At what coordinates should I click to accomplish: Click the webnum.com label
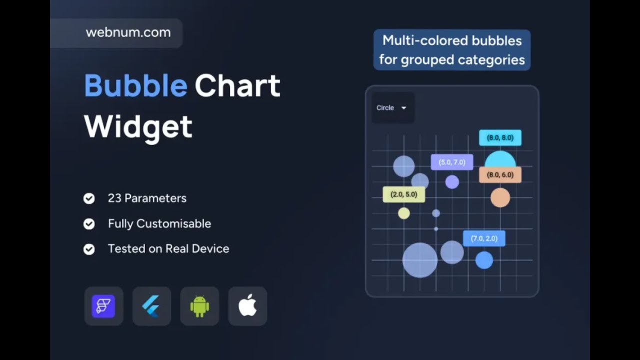pyautogui.click(x=128, y=32)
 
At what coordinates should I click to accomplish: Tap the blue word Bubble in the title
pyautogui.click(x=135, y=85)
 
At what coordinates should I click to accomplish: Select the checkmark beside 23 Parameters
pyautogui.click(x=89, y=198)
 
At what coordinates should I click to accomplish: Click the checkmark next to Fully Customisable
pyautogui.click(x=89, y=223)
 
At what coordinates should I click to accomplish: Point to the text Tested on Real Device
pyautogui.click(x=168, y=248)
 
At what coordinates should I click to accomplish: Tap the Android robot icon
pyautogui.click(x=199, y=306)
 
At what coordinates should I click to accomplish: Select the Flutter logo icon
pyautogui.click(x=151, y=306)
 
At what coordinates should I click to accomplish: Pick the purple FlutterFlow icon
pyautogui.click(x=103, y=306)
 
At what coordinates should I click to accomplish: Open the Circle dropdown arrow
pyautogui.click(x=403, y=108)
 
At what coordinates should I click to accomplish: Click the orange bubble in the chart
pyautogui.click(x=500, y=197)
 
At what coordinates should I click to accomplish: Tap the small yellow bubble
pyautogui.click(x=404, y=213)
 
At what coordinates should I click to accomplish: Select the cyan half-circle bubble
pyautogui.click(x=500, y=160)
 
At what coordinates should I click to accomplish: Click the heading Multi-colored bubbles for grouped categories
pyautogui.click(x=451, y=50)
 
